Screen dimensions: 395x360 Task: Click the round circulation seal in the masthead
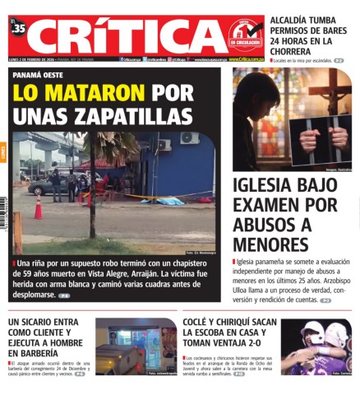pos(244,34)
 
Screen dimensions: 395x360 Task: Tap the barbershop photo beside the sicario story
pos(136,346)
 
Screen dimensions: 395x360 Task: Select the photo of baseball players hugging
pos(316,346)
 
